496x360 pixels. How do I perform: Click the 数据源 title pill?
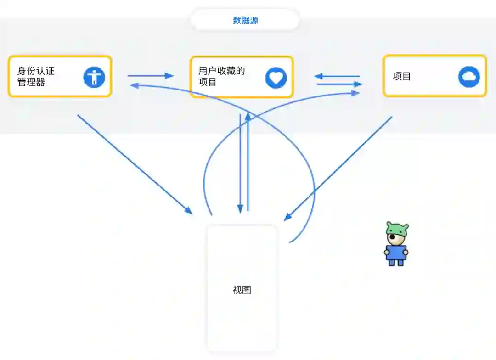tap(245, 20)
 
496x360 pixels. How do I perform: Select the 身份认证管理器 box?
tap(60, 76)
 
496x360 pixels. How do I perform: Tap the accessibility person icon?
tap(94, 77)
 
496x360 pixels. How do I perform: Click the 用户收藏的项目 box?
tap(242, 77)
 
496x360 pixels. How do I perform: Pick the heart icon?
tap(276, 78)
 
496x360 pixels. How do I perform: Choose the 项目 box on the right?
tap(434, 76)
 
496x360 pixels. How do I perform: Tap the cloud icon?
tap(469, 77)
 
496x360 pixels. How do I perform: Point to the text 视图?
tap(242, 290)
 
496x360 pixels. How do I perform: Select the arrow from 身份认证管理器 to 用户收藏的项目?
tap(150, 76)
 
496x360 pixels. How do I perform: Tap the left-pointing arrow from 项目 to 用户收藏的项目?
tap(337, 76)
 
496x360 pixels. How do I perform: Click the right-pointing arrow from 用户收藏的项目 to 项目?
tap(339, 84)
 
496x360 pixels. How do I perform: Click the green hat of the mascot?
tap(397, 228)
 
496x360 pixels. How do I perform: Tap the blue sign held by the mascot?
tap(396, 253)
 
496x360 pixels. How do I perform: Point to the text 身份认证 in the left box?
tap(36, 71)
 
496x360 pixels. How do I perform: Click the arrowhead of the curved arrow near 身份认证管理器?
tap(134, 85)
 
